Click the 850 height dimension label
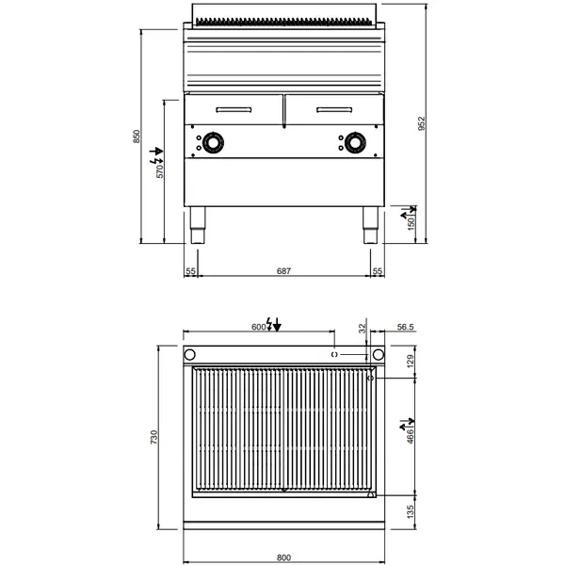pos(137,137)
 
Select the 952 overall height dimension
pos(423,123)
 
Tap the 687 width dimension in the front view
pos(283,271)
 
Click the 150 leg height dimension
pos(411,223)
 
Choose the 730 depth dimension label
pos(154,438)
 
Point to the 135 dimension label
pos(411,512)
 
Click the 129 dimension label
pos(411,362)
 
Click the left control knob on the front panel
pos(217,143)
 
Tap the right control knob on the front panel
pos(356,143)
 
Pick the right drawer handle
pos(333,110)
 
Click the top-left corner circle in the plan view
pos(189,355)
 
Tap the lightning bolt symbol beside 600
pos(272,325)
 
